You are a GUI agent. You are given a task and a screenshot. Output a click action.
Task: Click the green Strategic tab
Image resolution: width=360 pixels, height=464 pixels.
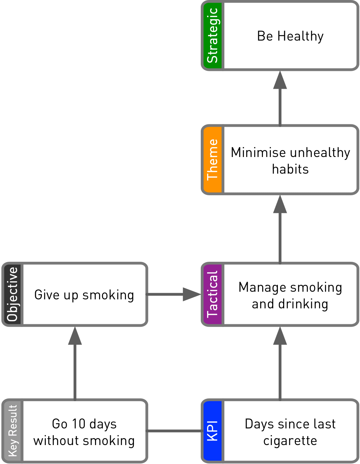tap(212, 36)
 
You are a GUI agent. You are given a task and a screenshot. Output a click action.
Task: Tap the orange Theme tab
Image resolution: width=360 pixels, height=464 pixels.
tap(212, 160)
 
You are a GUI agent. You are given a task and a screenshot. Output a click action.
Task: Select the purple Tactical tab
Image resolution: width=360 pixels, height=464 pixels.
tap(212, 294)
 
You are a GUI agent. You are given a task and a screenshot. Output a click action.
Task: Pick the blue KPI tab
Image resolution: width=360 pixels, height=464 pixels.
tap(212, 431)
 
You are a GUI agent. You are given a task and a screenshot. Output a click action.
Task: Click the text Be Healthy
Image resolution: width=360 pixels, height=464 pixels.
tap(290, 36)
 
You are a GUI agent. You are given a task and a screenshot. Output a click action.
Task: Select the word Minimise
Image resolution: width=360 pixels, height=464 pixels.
tap(258, 153)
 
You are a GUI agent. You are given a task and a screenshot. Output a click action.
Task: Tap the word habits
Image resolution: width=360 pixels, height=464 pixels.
tap(290, 169)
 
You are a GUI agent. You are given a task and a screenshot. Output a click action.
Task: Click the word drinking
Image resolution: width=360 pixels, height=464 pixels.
tap(303, 304)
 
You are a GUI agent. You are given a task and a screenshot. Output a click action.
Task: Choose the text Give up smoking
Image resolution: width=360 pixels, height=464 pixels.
tap(84, 295)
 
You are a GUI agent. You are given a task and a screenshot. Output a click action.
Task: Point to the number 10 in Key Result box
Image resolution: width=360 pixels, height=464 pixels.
tap(79, 424)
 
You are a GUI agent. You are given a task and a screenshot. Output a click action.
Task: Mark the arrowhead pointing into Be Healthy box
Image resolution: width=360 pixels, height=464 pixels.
tap(280, 80)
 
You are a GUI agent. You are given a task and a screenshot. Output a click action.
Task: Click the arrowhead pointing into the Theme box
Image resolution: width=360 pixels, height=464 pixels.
tap(280, 204)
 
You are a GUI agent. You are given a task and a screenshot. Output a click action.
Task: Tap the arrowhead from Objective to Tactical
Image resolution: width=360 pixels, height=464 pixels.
tap(191, 294)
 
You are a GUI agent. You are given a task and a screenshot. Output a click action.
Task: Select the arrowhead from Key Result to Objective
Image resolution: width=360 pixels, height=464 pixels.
tap(75, 336)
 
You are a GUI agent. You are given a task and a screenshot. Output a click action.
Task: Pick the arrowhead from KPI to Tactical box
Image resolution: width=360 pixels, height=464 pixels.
tap(280, 336)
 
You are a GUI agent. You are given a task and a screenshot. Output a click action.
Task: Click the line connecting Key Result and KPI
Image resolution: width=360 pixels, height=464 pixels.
tap(175, 431)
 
